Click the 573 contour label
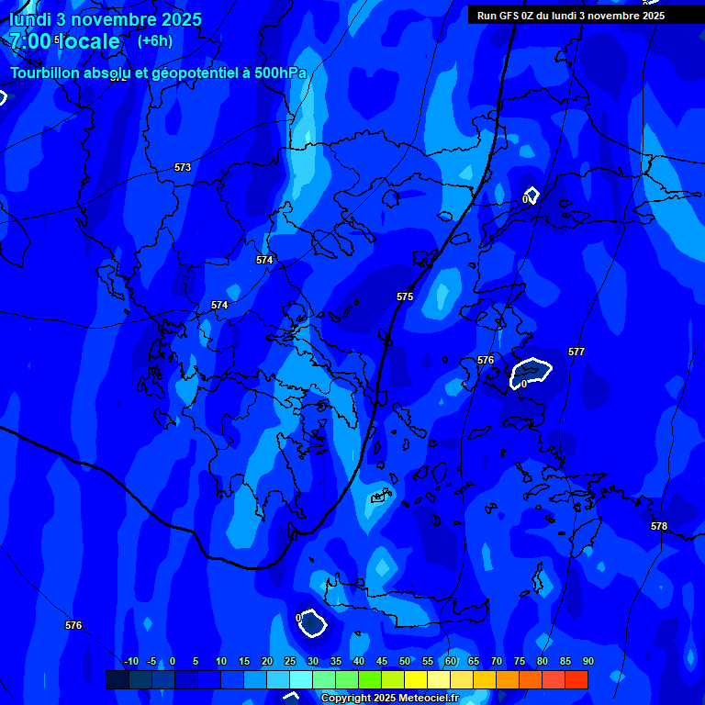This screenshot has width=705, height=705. pos(183,167)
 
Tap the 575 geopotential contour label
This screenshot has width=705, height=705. pos(405,297)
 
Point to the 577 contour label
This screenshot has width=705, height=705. pos(576,352)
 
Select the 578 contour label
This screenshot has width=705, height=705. pos(659,526)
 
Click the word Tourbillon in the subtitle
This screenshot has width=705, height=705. pos(45,73)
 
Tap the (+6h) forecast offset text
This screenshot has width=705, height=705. pos(154,41)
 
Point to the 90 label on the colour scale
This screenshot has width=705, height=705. pos(587,661)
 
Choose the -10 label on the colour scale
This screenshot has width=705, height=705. pos(130,661)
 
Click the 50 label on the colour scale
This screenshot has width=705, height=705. pos(405,661)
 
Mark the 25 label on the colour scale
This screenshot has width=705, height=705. pos(290,661)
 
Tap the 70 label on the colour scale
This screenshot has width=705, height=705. pos(497,661)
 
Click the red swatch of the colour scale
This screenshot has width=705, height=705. pos(576,679)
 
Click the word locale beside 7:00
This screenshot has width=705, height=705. pos(88,41)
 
